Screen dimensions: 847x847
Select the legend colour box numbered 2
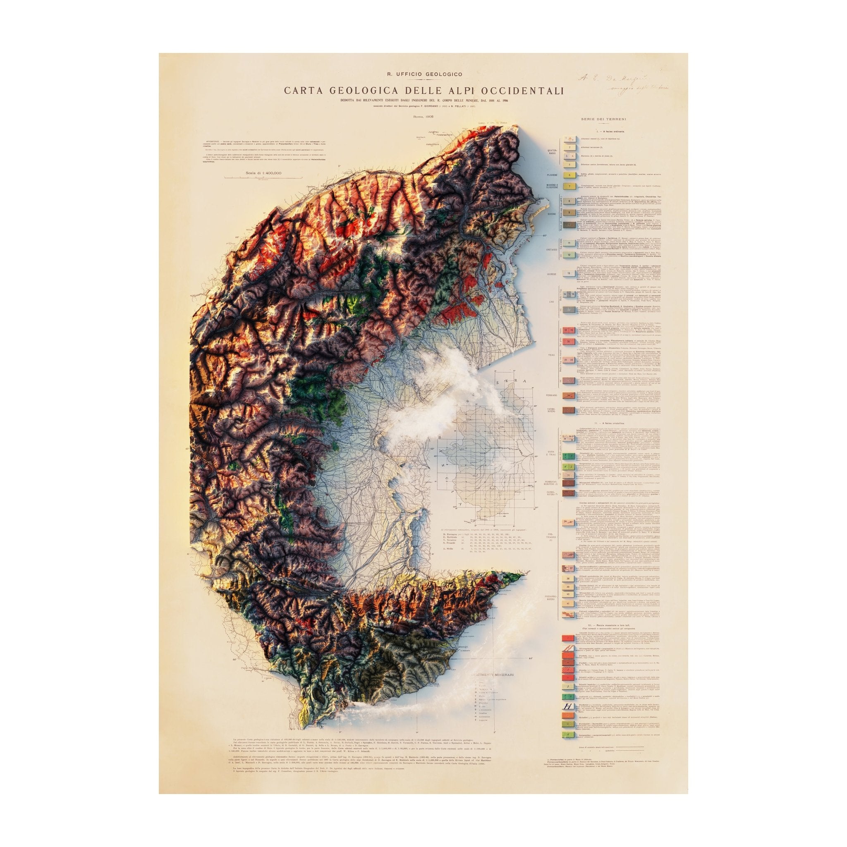[x=570, y=148]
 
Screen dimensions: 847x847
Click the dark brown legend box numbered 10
[x=569, y=225]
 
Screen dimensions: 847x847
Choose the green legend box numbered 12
[x=569, y=255]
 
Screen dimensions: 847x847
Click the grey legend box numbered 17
[x=569, y=309]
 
